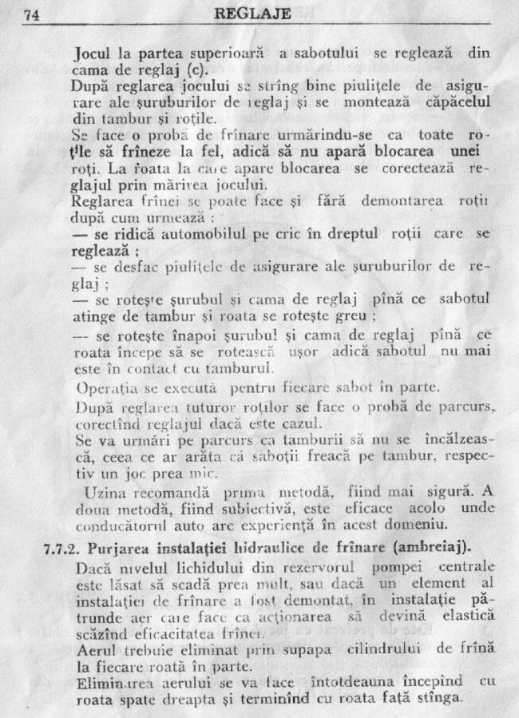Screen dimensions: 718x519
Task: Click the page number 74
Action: pyautogui.click(x=31, y=14)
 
